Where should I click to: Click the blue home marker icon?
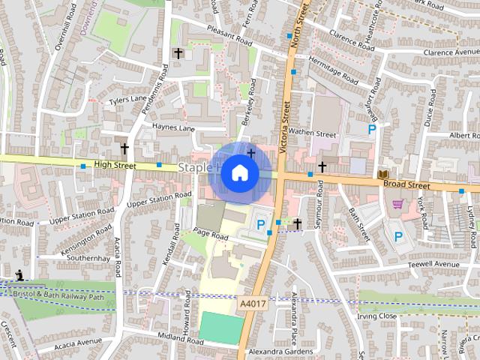(x=239, y=172)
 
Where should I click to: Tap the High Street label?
(x=115, y=164)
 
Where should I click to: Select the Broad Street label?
(x=405, y=184)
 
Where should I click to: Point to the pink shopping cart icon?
(x=398, y=203)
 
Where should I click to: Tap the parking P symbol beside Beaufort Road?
(x=372, y=130)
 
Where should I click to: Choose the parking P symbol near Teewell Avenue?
(x=398, y=236)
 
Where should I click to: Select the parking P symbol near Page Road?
(x=261, y=223)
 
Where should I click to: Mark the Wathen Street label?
(x=313, y=133)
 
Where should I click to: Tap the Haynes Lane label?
(x=173, y=128)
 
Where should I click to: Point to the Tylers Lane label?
(x=128, y=99)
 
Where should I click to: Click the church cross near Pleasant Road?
(x=178, y=53)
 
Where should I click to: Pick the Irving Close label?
(x=376, y=316)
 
